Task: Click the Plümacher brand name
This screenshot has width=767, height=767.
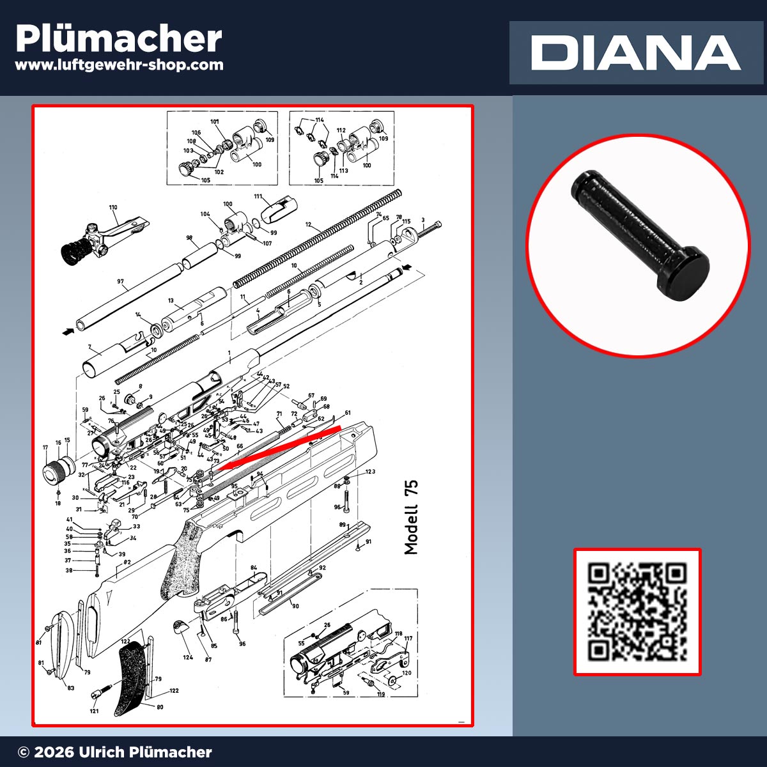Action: pyautogui.click(x=119, y=39)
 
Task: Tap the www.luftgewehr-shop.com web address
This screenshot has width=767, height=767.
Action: pyautogui.click(x=119, y=65)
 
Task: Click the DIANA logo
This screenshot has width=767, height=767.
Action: pyautogui.click(x=635, y=53)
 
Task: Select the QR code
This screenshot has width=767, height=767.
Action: pyautogui.click(x=637, y=612)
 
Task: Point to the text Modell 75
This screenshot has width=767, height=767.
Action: pyautogui.click(x=411, y=517)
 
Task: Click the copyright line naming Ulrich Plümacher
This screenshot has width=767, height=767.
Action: pyautogui.click(x=115, y=752)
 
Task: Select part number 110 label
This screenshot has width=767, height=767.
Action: pyautogui.click(x=113, y=208)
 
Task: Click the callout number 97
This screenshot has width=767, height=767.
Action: pyautogui.click(x=120, y=281)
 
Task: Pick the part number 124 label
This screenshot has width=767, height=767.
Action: pyautogui.click(x=188, y=657)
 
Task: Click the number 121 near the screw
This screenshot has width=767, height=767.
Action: pyautogui.click(x=94, y=711)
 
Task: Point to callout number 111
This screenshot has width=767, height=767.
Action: pyautogui.click(x=258, y=197)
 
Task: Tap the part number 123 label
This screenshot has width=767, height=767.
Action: pyautogui.click(x=370, y=472)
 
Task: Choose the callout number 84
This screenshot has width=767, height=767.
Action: pyautogui.click(x=254, y=568)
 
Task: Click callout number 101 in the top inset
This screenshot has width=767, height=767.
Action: pyautogui.click(x=214, y=121)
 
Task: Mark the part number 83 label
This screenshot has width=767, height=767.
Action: pyautogui.click(x=70, y=688)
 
